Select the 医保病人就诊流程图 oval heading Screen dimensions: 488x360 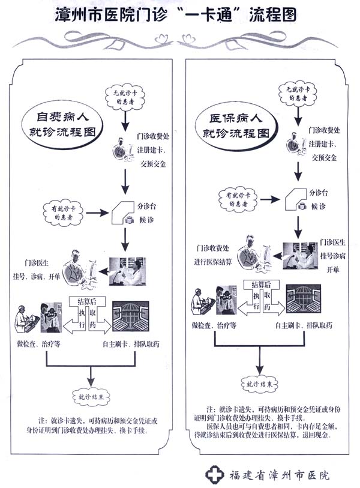[235, 123]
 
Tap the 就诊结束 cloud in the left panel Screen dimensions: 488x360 [91, 397]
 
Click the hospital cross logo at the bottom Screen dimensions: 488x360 [214, 474]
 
